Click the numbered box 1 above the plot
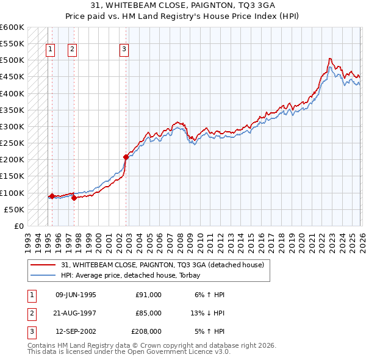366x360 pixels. pyautogui.click(x=49, y=50)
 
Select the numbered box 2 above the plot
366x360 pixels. pyautogui.click(x=72, y=50)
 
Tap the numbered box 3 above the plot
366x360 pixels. pyautogui.click(x=124, y=50)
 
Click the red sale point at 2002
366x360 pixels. pyautogui.click(x=126, y=157)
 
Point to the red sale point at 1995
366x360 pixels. pyautogui.click(x=52, y=196)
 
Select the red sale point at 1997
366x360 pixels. pyautogui.click(x=74, y=198)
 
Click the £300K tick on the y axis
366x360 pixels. pyautogui.click(x=12, y=127)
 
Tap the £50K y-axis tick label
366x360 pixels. pyautogui.click(x=14, y=209)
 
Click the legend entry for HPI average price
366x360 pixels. pyautogui.click(x=134, y=275)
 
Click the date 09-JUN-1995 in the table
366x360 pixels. pyautogui.click(x=76, y=295)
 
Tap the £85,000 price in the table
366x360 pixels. pyautogui.click(x=148, y=313)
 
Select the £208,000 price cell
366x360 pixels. pyautogui.click(x=146, y=332)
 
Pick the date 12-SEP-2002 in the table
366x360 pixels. pyautogui.click(x=76, y=332)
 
